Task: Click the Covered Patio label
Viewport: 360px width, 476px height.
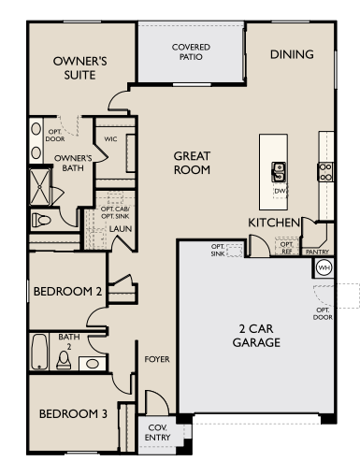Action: [191, 51]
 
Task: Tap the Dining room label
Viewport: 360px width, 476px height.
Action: [292, 54]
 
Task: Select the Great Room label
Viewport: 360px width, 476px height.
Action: [192, 163]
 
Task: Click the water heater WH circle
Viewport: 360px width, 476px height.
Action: [324, 267]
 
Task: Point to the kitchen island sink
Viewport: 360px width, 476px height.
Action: [279, 172]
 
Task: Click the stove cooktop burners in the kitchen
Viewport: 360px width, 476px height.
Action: [325, 172]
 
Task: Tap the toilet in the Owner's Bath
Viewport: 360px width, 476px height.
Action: [41, 220]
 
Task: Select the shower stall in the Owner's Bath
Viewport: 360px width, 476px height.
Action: [40, 187]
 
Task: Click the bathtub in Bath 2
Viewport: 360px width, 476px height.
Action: [39, 352]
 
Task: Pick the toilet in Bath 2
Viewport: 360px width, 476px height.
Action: [64, 360]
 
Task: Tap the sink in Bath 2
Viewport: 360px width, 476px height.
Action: [93, 364]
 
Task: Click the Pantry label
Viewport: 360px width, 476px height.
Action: [317, 252]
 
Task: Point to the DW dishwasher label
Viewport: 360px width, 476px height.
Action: [280, 191]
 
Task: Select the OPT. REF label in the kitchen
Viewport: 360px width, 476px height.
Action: [286, 247]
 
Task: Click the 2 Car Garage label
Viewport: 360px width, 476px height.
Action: [256, 336]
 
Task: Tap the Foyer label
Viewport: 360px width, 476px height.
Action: [157, 359]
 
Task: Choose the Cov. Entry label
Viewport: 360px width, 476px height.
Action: [157, 432]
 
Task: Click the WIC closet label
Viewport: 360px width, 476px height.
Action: [110, 139]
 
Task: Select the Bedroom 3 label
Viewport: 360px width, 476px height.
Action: [73, 414]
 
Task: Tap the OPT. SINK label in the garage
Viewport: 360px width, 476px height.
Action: [218, 250]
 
